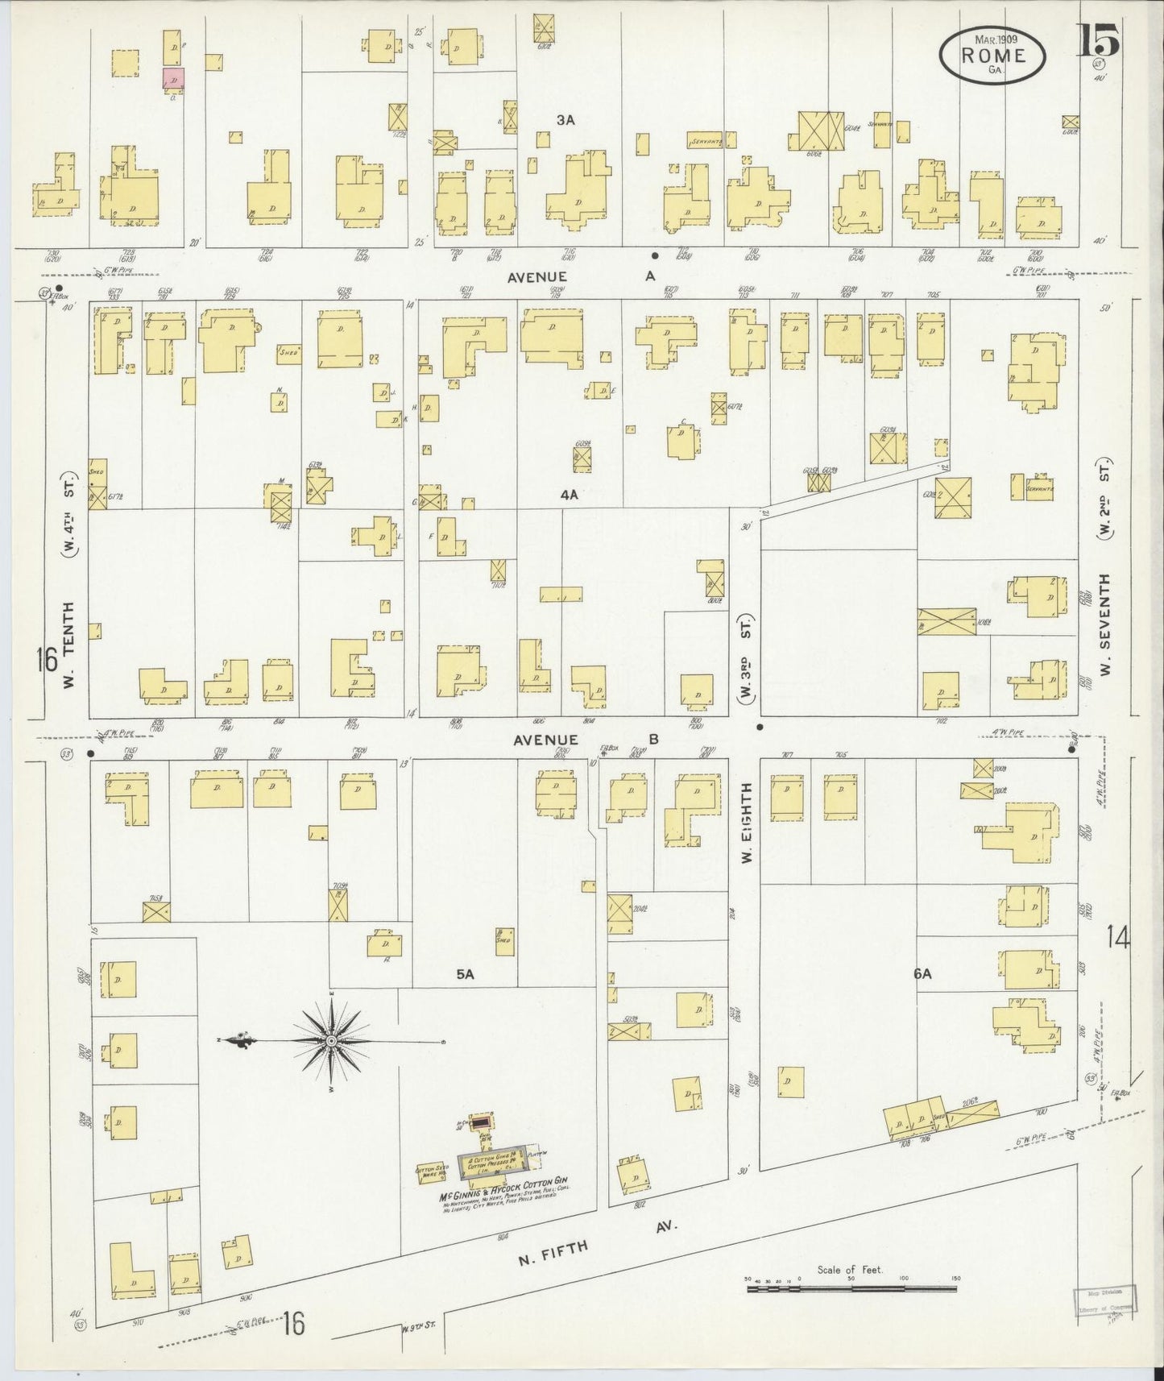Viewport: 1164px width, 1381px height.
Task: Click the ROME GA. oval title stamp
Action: pyautogui.click(x=992, y=56)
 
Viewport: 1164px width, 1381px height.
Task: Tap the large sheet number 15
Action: pyautogui.click(x=1098, y=40)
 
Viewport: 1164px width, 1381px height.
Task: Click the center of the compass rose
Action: pyautogui.click(x=331, y=1042)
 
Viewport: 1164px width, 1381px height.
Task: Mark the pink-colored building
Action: pyautogui.click(x=173, y=80)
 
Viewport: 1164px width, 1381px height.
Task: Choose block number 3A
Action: pyautogui.click(x=565, y=120)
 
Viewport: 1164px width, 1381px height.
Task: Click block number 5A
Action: pyautogui.click(x=465, y=974)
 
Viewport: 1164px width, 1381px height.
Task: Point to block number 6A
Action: pyautogui.click(x=922, y=974)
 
